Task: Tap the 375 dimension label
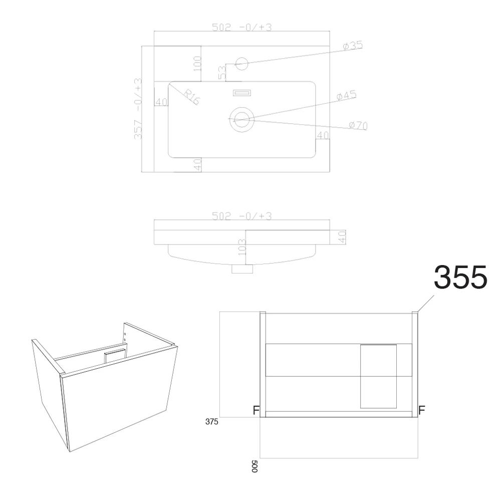click(x=211, y=422)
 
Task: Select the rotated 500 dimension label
click(x=255, y=466)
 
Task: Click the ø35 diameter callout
click(x=353, y=46)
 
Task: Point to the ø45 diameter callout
click(x=346, y=95)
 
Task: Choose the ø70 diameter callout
click(x=358, y=125)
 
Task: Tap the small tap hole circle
click(x=242, y=64)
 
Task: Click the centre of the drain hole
click(x=242, y=120)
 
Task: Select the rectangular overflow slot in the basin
click(x=242, y=93)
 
